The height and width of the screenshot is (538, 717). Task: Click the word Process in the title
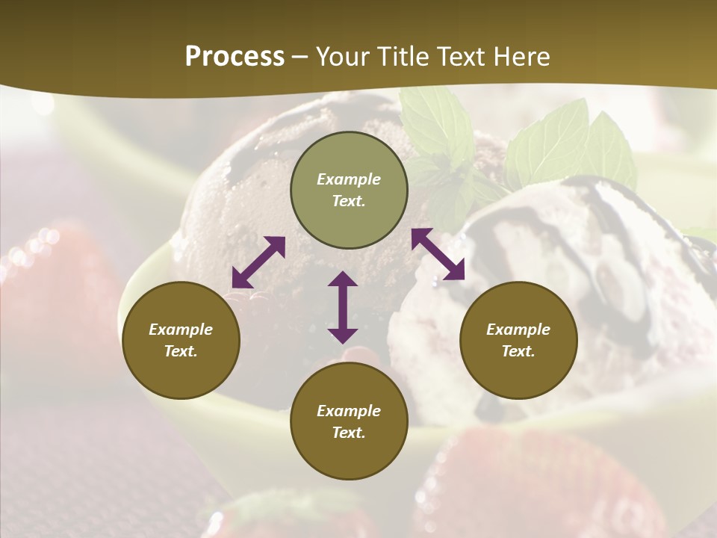(235, 57)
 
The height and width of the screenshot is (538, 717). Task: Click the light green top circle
(349, 191)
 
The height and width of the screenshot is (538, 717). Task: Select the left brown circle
(181, 340)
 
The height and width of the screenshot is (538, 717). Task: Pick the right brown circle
(518, 340)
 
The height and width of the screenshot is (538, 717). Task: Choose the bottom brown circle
(349, 421)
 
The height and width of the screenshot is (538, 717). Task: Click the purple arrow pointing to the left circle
(258, 262)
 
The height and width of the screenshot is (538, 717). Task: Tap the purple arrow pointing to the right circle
(438, 254)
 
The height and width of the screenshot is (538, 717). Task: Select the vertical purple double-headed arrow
(343, 307)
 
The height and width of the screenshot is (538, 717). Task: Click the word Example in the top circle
(349, 179)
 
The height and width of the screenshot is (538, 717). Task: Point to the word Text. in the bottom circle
(349, 433)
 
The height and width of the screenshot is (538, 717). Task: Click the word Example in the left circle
(181, 330)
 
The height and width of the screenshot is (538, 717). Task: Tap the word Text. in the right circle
(518, 351)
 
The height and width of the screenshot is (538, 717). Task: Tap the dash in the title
(300, 57)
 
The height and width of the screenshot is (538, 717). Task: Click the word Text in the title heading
(459, 57)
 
